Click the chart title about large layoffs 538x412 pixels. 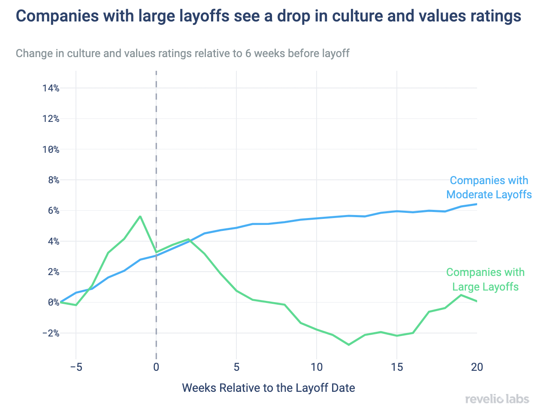click(269, 16)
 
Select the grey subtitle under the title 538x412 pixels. click(182, 54)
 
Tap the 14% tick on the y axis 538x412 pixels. click(51, 88)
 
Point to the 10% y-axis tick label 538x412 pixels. click(51, 150)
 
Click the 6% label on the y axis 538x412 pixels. click(53, 211)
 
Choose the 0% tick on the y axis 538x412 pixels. click(53, 303)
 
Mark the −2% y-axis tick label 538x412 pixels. click(51, 333)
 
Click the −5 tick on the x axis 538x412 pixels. click(76, 367)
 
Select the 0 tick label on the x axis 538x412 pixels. click(156, 367)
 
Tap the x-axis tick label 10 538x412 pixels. click(317, 367)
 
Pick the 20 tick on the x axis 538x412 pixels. click(477, 367)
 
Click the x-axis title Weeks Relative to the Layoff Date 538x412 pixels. click(269, 388)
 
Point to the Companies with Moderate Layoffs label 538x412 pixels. click(489, 188)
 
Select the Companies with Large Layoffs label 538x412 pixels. click(485, 279)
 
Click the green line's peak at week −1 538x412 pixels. click(140, 216)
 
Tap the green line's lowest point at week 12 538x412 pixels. click(349, 345)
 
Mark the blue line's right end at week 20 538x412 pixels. click(476, 204)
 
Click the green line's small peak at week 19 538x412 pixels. click(461, 295)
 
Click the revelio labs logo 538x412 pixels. click(497, 399)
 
